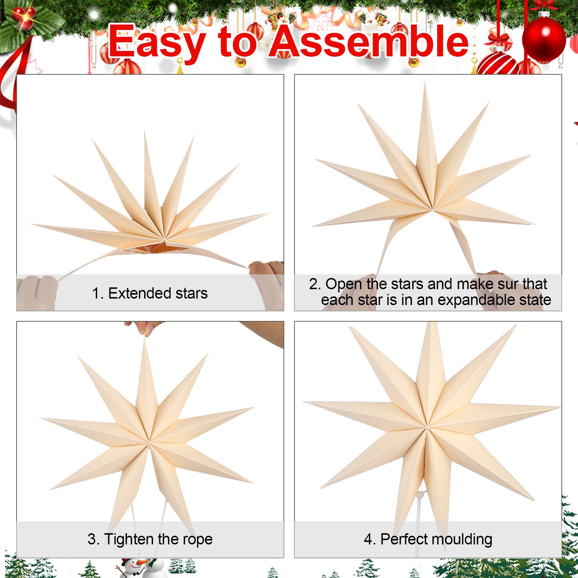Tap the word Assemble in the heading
pos(369,42)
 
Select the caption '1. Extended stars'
pos(150,293)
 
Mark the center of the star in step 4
pos(427,427)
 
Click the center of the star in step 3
pos(149,441)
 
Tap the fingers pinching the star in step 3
pos(144,327)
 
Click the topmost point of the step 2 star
pos(425,83)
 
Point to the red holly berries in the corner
pos(24,16)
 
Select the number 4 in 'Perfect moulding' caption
pos(368,539)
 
